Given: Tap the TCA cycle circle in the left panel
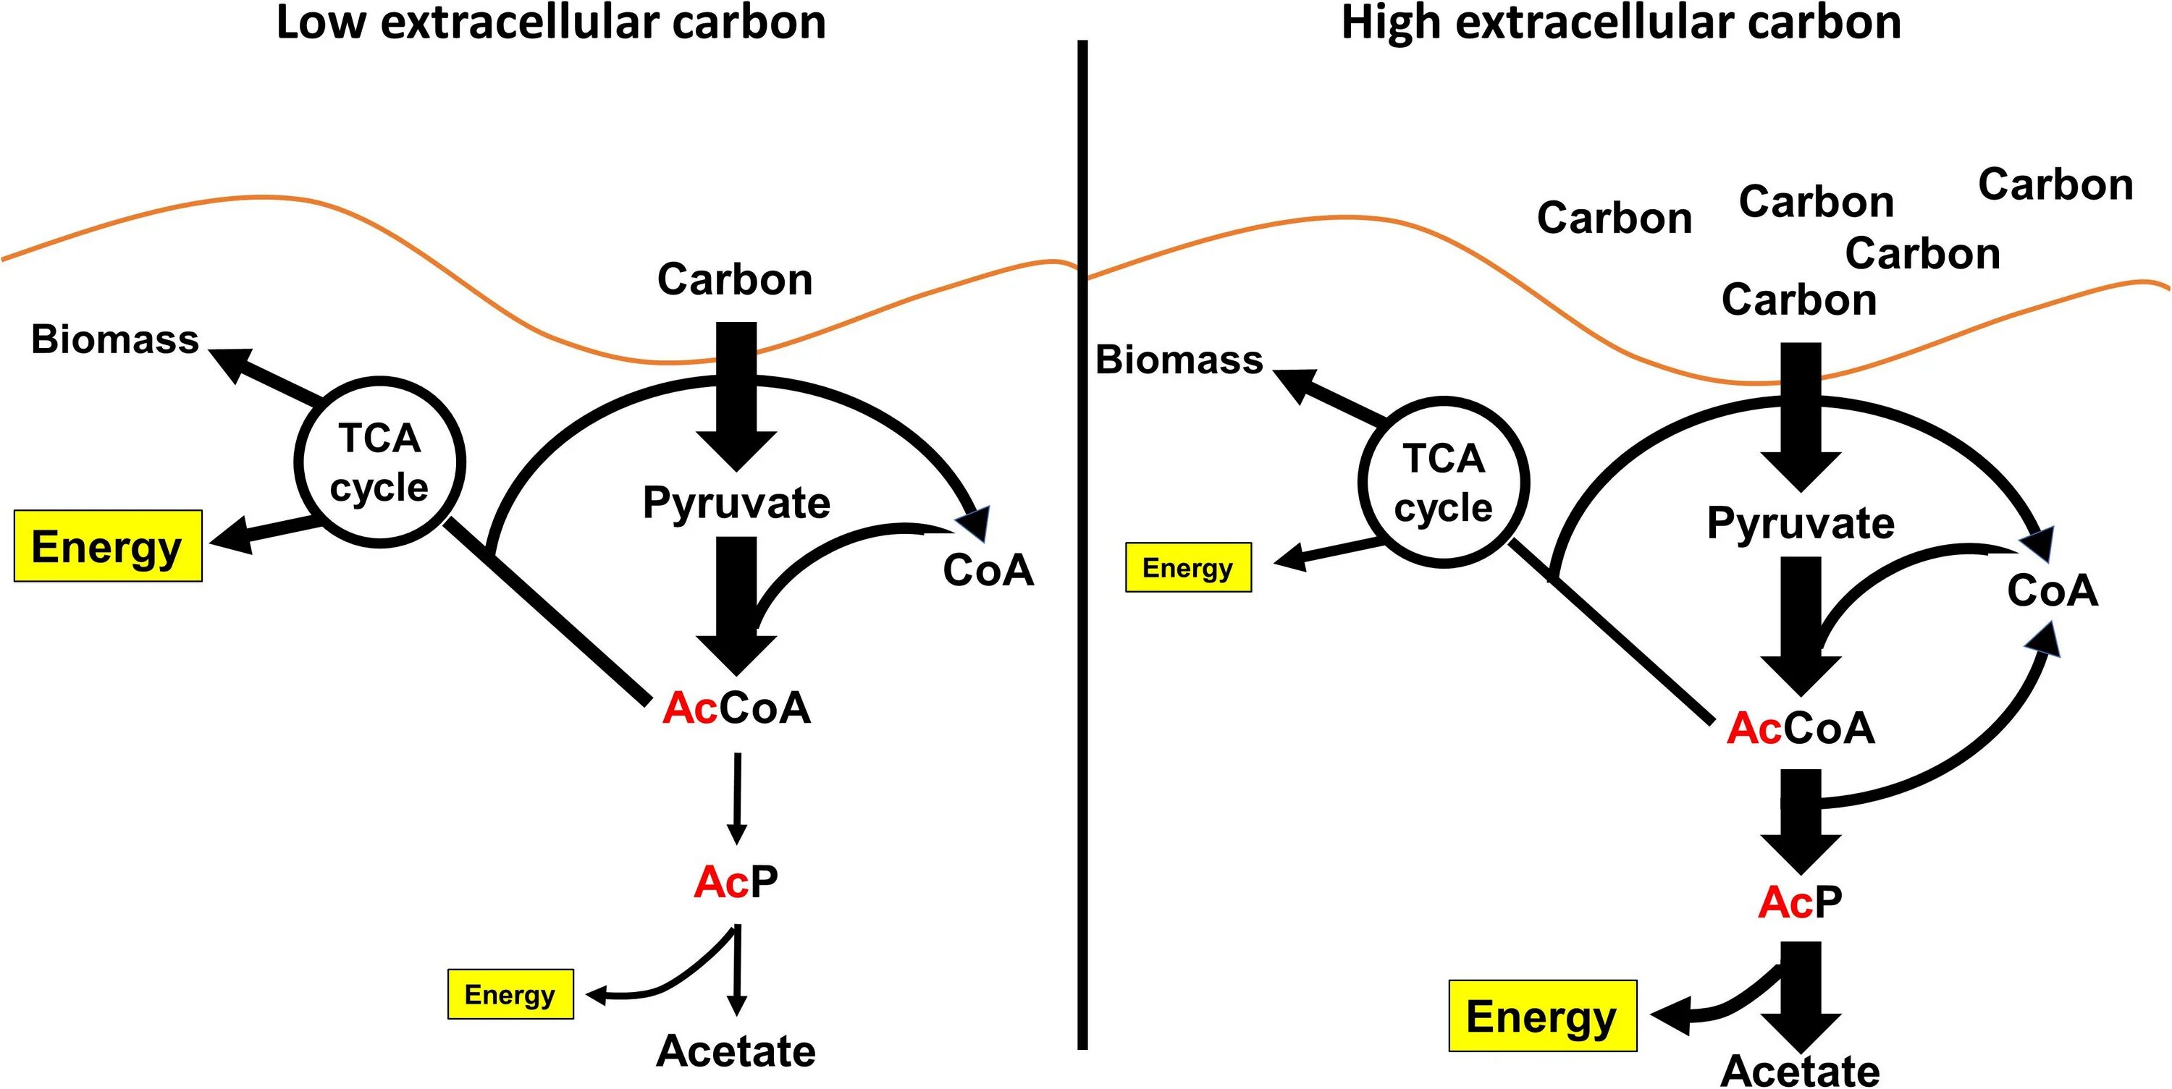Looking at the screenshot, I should click(379, 462).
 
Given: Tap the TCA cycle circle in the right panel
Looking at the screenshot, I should click(1444, 482).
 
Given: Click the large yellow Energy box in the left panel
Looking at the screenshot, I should click(108, 546).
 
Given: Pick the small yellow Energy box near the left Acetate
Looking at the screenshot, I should click(510, 995).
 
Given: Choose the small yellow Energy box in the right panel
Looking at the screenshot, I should click(1188, 567).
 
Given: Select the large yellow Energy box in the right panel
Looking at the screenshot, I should click(1542, 1016).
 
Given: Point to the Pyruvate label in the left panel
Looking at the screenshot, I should click(736, 502).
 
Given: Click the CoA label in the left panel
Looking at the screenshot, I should click(988, 571).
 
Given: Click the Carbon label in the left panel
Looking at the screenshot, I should click(734, 279).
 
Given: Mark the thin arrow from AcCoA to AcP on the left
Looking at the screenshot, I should click(737, 797).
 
